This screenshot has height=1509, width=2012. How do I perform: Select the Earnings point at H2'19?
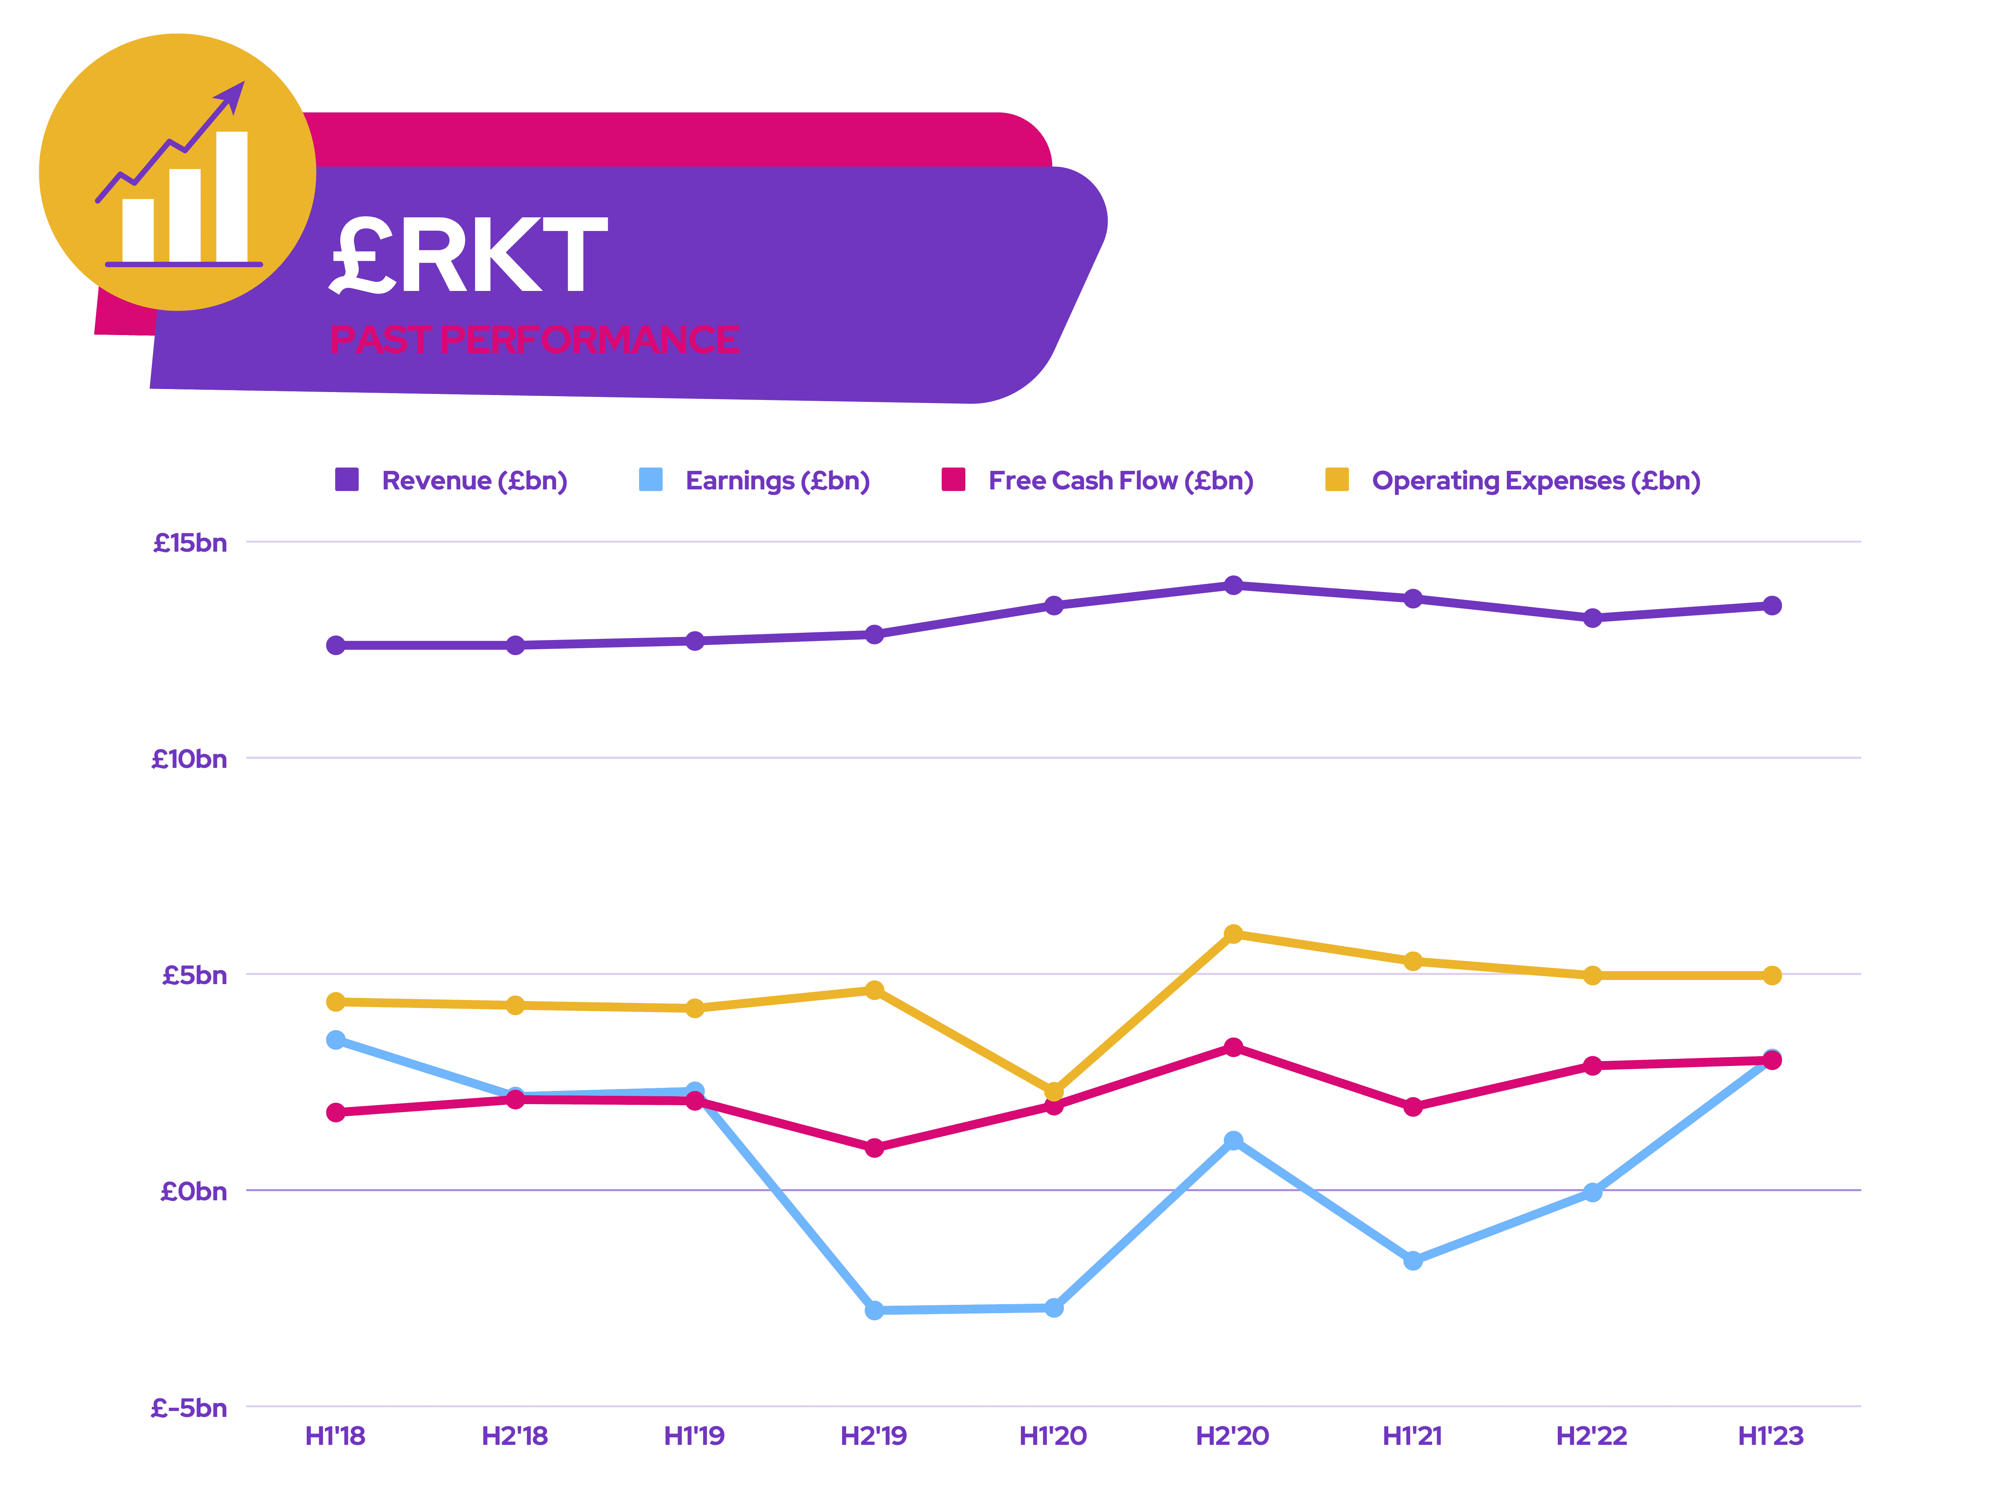click(874, 1310)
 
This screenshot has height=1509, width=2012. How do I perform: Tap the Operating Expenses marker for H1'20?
click(1053, 1091)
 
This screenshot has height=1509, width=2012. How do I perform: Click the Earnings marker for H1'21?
click(1413, 1260)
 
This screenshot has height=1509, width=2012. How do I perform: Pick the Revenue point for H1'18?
click(336, 645)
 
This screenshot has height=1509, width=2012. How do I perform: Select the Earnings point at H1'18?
click(336, 1040)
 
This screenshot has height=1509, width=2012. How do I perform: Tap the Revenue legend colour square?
click(347, 479)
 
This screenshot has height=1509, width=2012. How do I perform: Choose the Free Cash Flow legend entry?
click(1121, 480)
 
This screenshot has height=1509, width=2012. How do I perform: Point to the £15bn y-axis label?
click(190, 543)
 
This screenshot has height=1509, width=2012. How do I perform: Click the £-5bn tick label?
click(188, 1408)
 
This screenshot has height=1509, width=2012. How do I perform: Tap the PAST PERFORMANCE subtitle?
click(534, 339)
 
